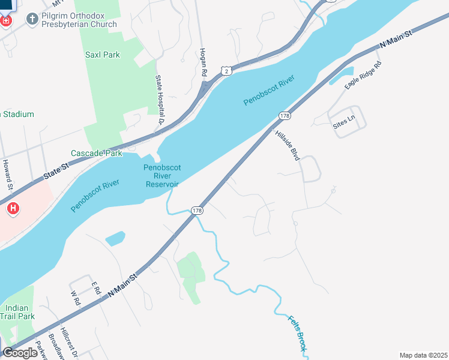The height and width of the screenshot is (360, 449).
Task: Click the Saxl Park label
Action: [102, 55]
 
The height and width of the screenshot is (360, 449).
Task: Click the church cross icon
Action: [31, 19]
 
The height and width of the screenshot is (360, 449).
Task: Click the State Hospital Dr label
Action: [160, 100]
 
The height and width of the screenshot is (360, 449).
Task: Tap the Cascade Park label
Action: [96, 153]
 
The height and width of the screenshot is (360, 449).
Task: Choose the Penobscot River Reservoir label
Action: [162, 176]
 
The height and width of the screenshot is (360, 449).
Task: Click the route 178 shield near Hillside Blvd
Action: [285, 115]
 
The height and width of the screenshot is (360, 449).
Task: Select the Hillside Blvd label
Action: [288, 145]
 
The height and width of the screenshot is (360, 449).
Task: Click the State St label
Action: [56, 174]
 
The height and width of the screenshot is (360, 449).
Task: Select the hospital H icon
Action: [13, 209]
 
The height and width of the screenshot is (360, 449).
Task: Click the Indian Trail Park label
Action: [17, 311]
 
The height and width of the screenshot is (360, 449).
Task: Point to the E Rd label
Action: [95, 288]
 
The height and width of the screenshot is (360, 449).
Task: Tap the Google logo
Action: [20, 353]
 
